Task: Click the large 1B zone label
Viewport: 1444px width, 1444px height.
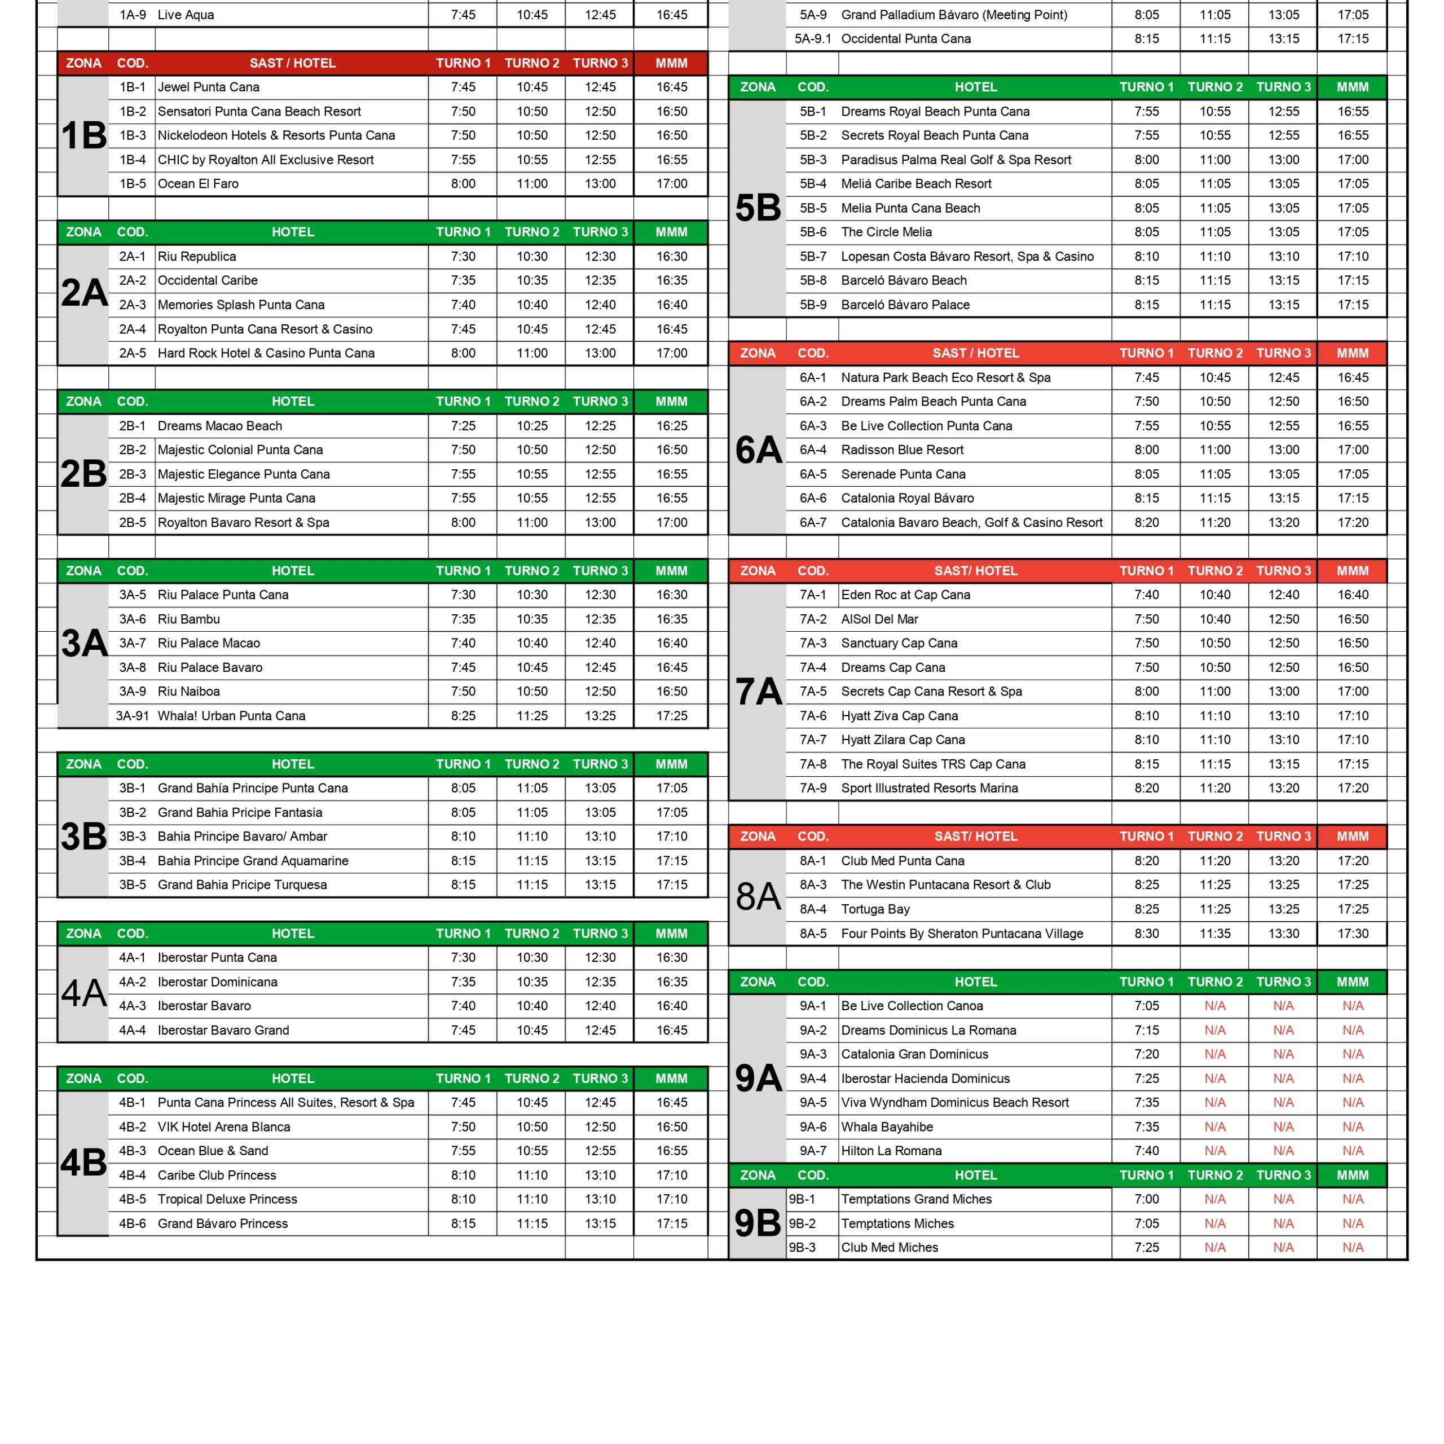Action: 83,136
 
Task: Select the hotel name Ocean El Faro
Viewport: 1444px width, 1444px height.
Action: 198,184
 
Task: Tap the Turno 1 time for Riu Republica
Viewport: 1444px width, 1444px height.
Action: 463,256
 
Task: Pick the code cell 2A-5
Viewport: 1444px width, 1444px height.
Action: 133,353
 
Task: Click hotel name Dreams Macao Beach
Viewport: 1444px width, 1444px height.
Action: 220,426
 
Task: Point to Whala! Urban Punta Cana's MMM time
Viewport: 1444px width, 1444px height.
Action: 671,716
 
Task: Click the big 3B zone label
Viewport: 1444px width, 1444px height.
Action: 83,837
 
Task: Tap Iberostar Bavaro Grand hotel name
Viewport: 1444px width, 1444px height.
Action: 223,1030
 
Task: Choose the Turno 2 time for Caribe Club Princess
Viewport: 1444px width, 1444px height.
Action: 531,1175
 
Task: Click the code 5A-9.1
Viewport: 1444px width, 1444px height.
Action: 812,39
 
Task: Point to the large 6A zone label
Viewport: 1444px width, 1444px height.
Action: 758,450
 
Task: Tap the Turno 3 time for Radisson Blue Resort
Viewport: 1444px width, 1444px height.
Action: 1283,450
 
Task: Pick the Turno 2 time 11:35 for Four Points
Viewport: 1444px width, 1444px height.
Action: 1214,934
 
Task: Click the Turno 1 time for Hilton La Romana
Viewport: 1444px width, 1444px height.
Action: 1147,1151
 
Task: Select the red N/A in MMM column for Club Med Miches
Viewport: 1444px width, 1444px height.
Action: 1352,1248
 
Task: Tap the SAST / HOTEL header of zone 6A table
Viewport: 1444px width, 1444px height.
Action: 975,353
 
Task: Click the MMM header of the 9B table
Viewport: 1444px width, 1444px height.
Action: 1352,1175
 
